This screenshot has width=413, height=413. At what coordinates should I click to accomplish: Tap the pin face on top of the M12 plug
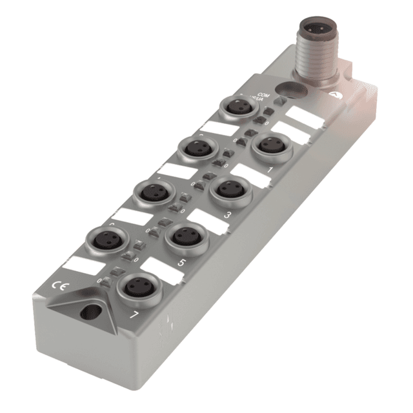tap(316, 30)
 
